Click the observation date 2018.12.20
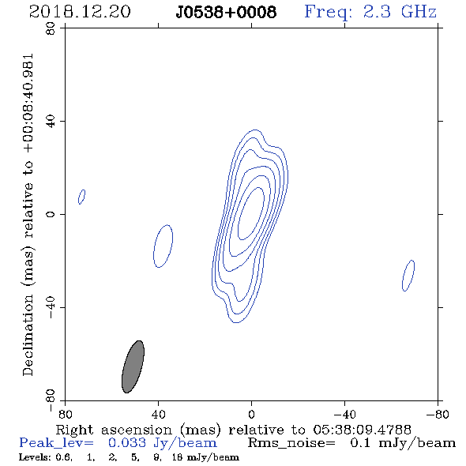80,12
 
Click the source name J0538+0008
226,12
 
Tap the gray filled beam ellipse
133,366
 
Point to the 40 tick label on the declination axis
51,122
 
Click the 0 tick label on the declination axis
51,214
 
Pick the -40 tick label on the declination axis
51,307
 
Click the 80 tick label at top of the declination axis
51,28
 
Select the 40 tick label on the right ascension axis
158,415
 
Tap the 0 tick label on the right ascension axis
251,415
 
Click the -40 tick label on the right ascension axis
344,415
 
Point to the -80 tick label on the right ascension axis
438,415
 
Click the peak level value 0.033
127,443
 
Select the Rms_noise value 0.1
360,443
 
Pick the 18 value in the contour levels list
177,457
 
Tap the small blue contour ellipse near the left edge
81,197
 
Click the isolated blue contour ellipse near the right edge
408,276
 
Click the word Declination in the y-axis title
28,336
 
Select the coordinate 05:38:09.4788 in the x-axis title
363,430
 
